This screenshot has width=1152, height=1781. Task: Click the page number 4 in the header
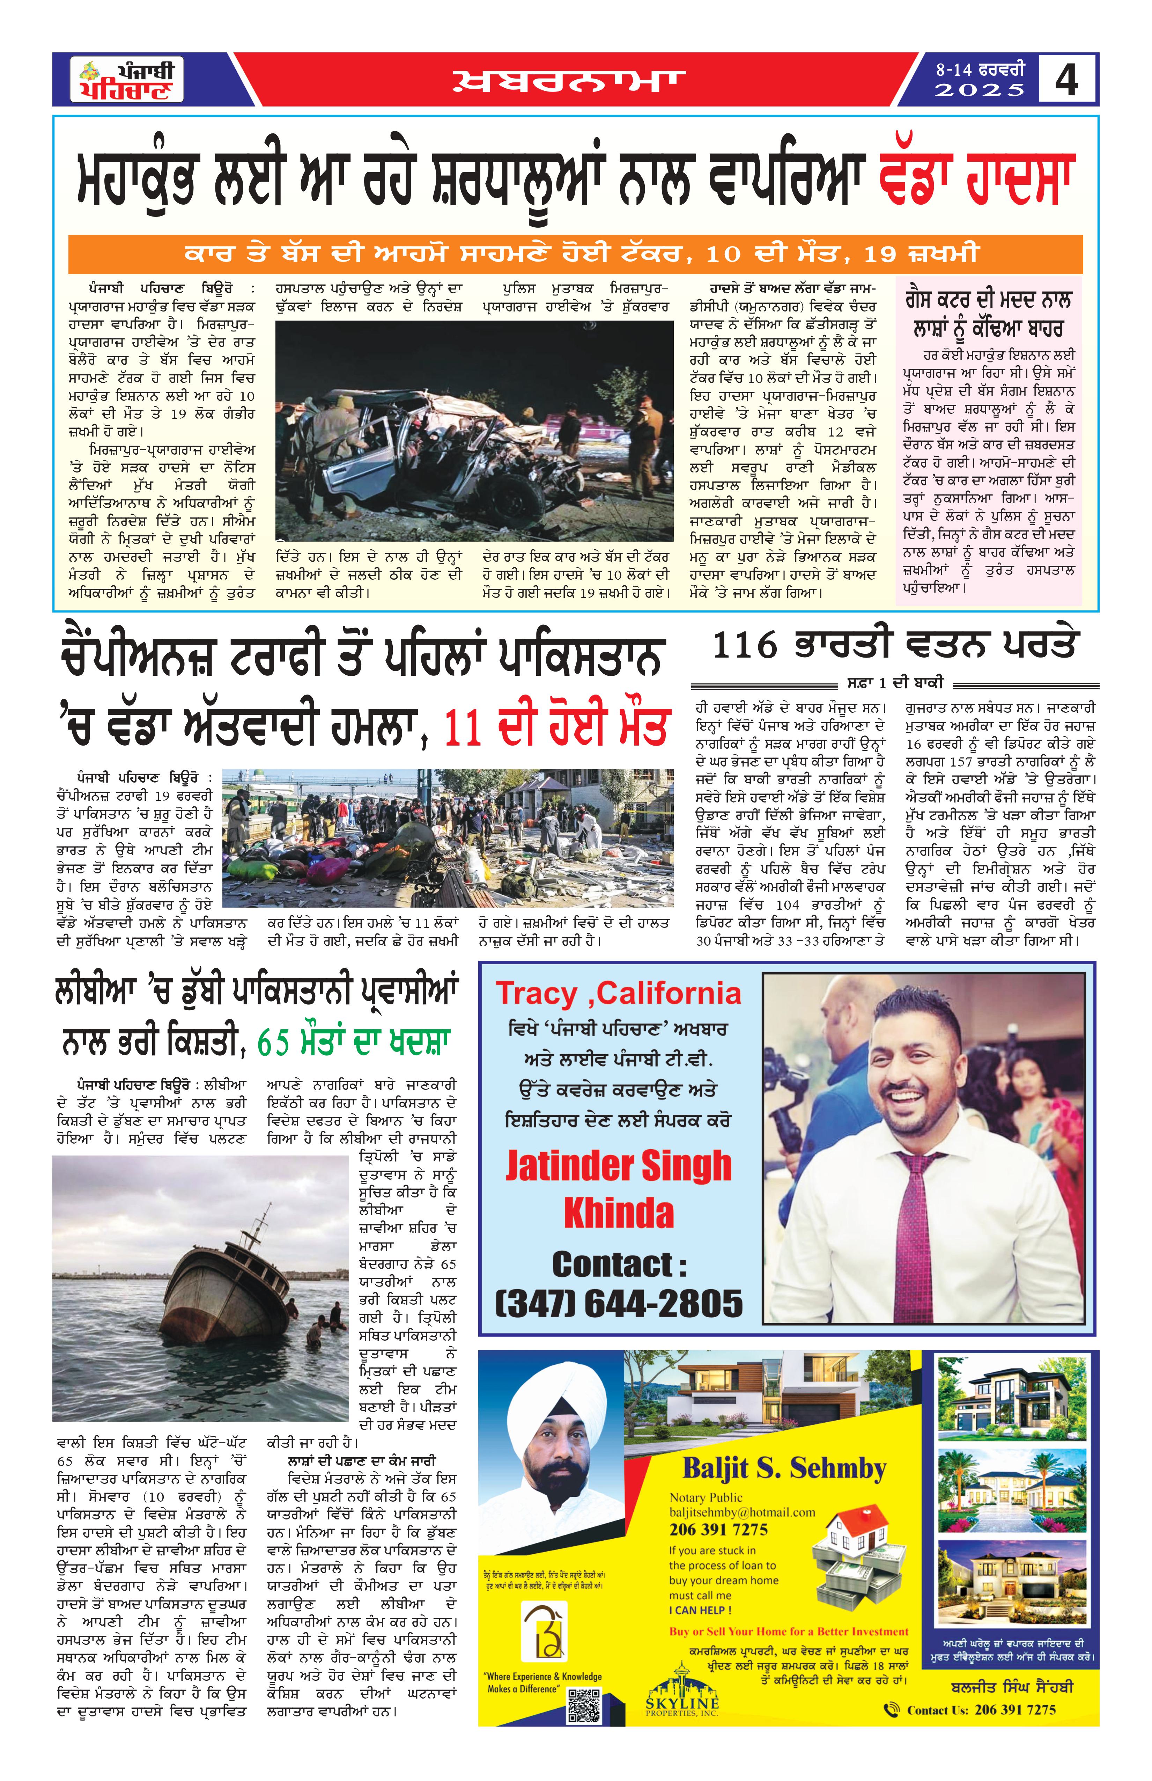(x=1066, y=79)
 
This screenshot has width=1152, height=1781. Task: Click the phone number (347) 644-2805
(x=619, y=1304)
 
